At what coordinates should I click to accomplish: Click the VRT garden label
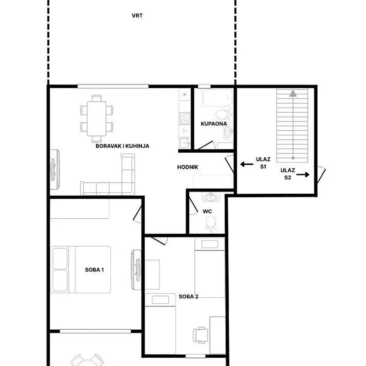137,16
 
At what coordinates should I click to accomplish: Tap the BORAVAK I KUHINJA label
122,146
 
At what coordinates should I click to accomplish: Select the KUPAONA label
214,124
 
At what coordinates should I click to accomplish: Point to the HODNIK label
188,167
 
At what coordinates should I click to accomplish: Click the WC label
207,212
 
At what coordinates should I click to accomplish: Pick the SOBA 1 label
94,270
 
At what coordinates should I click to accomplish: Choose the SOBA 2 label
188,296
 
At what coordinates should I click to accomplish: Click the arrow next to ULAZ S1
247,164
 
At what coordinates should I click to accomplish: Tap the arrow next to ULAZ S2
303,174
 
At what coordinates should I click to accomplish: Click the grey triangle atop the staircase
293,94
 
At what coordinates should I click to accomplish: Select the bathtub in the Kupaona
217,98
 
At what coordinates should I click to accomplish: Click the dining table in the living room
96,119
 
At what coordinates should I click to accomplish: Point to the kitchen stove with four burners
185,119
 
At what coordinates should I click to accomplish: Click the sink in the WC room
211,197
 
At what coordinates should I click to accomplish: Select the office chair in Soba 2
200,335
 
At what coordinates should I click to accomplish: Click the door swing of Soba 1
137,214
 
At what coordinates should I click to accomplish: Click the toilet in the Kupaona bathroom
223,115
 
